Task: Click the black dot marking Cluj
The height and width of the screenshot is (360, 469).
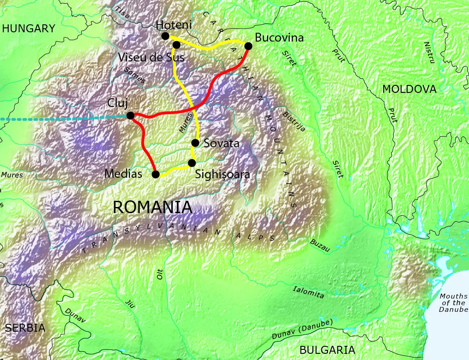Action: (130, 115)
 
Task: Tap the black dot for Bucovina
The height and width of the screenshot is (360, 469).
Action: (248, 46)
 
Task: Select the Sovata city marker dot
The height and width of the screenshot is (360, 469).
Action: (195, 143)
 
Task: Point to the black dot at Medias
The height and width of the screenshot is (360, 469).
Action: (156, 174)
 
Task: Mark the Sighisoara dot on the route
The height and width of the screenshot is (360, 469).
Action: (192, 163)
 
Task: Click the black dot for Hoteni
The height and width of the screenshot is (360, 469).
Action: (165, 36)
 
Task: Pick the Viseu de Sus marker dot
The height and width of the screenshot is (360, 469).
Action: (176, 45)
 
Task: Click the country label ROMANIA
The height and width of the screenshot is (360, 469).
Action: (153, 207)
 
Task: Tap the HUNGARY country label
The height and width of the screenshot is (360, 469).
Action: (29, 29)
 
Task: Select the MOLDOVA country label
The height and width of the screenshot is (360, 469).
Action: (409, 89)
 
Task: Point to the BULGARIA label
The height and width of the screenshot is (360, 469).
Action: (327, 350)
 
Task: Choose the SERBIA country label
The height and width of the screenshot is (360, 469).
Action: (25, 328)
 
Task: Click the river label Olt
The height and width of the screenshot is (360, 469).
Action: (160, 274)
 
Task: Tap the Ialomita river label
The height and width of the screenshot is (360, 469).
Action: (308, 291)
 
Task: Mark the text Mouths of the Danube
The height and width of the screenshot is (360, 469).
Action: (453, 303)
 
